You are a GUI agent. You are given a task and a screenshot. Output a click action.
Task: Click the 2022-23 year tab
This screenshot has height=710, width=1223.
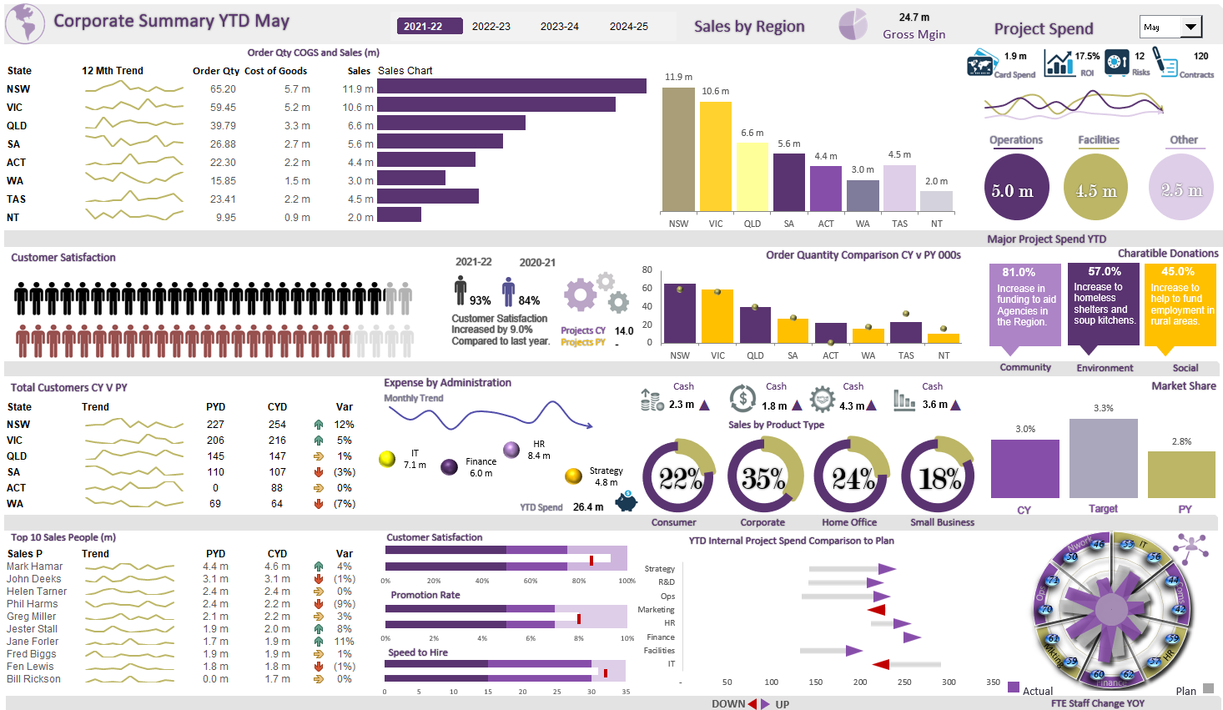491,26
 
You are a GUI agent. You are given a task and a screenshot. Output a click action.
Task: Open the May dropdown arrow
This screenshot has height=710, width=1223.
1190,28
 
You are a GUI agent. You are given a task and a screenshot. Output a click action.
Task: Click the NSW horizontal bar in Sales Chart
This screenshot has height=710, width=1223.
511,86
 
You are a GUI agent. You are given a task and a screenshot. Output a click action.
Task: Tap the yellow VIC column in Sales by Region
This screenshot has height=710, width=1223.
715,155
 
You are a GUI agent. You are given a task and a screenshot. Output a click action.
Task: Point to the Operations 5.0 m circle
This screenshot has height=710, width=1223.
1015,189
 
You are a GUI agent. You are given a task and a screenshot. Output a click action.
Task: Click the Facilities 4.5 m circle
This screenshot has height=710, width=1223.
1095,189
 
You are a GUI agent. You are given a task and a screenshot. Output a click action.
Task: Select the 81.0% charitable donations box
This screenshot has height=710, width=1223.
1024,305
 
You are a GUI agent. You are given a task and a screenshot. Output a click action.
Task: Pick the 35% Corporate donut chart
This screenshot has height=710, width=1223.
763,477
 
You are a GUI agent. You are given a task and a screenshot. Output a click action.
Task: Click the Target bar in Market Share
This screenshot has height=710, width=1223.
1103,458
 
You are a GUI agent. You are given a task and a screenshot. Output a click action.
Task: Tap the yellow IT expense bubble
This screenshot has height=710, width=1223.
387,459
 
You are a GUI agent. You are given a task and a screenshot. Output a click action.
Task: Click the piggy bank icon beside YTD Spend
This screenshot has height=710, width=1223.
626,501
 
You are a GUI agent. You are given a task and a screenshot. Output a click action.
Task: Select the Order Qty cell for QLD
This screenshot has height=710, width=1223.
223,126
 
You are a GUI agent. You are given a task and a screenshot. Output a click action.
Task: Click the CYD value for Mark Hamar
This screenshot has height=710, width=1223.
277,566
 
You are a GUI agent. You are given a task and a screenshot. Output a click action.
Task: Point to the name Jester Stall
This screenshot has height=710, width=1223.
33,629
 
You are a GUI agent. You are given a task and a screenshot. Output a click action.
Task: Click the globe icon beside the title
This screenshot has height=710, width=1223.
25,23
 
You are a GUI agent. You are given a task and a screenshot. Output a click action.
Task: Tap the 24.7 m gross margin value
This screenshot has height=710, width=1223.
913,18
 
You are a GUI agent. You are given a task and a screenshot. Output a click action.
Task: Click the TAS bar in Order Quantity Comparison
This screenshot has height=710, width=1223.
905,332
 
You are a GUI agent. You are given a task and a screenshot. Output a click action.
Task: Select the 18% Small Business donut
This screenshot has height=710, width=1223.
939,477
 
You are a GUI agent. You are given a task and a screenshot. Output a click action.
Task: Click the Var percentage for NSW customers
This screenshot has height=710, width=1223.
344,425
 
